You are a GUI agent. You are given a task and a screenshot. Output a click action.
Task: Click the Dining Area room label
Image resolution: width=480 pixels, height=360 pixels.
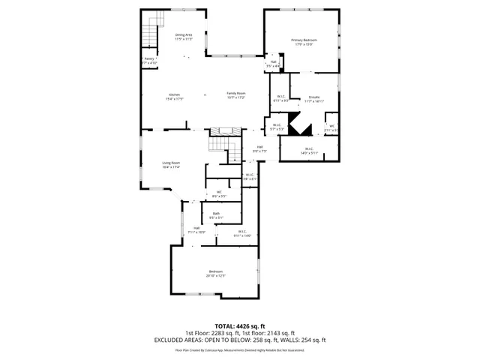pyautogui.click(x=184, y=35)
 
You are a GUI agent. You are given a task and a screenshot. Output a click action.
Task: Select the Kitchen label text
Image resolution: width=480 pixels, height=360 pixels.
pyautogui.click(x=174, y=94)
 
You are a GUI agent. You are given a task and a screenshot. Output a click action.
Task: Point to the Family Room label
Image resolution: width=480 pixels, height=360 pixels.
pyautogui.click(x=237, y=94)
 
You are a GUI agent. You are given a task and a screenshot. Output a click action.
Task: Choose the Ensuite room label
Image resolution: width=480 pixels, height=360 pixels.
pyautogui.click(x=315, y=97)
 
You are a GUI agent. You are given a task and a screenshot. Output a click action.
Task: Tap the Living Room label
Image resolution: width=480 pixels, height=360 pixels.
pyautogui.click(x=172, y=163)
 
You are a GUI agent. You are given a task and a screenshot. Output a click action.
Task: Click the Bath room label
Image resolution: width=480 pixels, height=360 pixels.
pyautogui.click(x=216, y=214)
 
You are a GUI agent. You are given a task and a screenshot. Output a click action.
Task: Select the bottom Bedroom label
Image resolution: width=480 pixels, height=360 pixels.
pyautogui.click(x=215, y=271)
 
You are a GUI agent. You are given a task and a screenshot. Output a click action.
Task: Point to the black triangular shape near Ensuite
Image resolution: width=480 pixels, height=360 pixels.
pyautogui.click(x=301, y=127)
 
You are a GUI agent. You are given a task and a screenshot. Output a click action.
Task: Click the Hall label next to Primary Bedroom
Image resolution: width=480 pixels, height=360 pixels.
pyautogui.click(x=274, y=62)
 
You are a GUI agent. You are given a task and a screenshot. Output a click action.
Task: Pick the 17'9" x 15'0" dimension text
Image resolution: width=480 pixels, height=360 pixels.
pyautogui.click(x=304, y=44)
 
